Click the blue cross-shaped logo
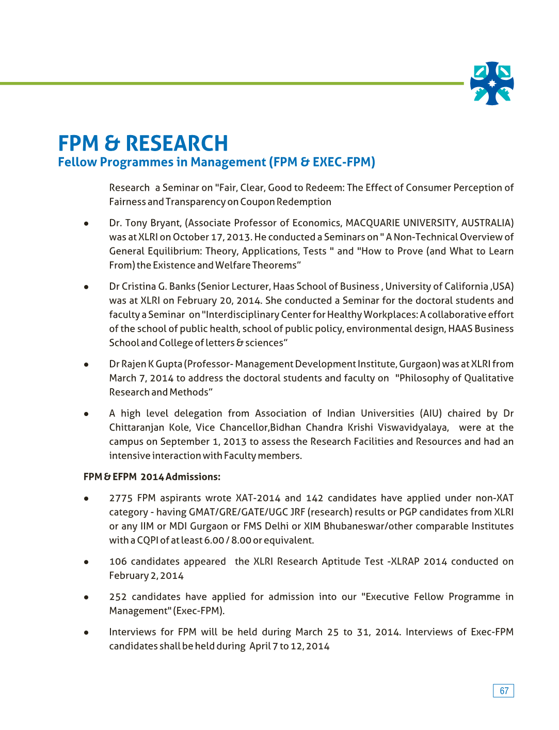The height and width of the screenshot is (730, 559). coord(492,84)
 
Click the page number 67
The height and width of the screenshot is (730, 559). coord(504,691)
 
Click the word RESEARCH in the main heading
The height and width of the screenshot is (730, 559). coord(177,143)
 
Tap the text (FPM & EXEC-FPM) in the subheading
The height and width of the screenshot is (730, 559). coord(322,162)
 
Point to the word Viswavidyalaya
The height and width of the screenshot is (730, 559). coord(413,428)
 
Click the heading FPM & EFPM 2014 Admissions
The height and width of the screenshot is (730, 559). coord(152,477)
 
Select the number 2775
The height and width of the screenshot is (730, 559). coord(121,499)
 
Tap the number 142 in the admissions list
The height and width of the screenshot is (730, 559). coord(314,499)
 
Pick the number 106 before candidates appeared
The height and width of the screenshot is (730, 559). coord(118,562)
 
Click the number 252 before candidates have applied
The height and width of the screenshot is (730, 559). coord(118,597)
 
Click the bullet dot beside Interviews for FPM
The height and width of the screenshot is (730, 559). coord(86,633)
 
